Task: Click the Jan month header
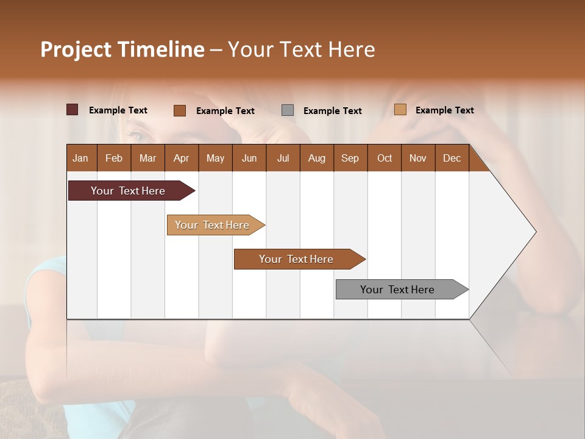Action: click(x=81, y=158)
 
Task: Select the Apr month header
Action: click(x=182, y=158)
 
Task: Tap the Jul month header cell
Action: click(x=283, y=158)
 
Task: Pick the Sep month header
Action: click(x=350, y=158)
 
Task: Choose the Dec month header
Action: click(x=452, y=158)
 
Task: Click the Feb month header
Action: click(x=114, y=158)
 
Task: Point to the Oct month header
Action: click(x=385, y=158)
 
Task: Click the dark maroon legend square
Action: click(x=72, y=110)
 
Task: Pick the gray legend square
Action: click(x=288, y=110)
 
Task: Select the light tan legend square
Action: click(x=400, y=110)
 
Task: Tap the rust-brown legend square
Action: click(x=179, y=110)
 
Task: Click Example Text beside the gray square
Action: click(x=333, y=111)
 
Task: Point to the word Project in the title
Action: click(x=76, y=50)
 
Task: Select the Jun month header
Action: click(x=249, y=158)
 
